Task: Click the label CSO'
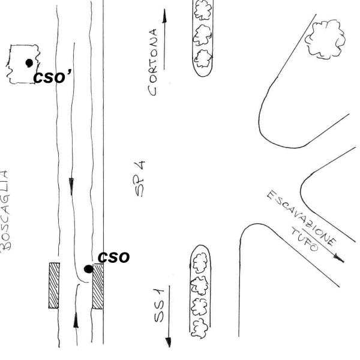click(52, 77)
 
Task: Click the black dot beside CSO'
click(28, 62)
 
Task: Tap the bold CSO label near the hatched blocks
click(113, 257)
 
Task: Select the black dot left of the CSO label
click(88, 269)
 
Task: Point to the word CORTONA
click(155, 63)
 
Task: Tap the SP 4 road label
click(139, 178)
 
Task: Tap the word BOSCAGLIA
click(5, 211)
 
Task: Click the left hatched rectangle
click(54, 285)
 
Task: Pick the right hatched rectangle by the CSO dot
click(98, 286)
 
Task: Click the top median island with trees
click(203, 36)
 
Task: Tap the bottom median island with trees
click(199, 291)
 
